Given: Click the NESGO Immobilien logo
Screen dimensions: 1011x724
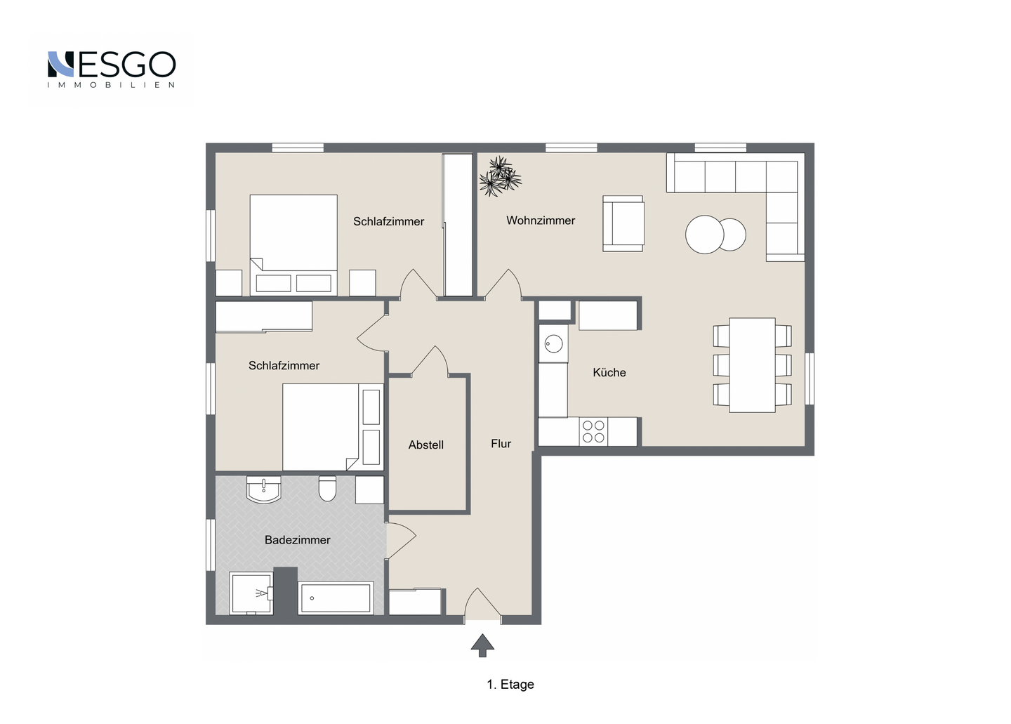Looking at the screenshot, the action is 112,70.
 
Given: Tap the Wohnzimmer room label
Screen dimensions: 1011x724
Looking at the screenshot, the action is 541,221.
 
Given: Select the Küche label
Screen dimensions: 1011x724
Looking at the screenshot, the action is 609,372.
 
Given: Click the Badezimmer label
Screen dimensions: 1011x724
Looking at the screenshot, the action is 298,540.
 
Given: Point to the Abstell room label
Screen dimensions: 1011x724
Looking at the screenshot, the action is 425,445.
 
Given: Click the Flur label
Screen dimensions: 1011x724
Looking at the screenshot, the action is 501,443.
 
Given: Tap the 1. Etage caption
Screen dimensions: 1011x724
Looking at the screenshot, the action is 510,684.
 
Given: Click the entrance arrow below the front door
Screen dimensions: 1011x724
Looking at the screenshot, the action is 482,645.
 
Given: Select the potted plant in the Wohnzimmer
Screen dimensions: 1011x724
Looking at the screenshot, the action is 500,176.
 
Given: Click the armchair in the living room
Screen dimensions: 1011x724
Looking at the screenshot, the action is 623,223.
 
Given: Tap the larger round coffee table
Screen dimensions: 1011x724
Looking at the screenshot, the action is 705,235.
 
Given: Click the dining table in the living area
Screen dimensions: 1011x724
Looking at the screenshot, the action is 752,364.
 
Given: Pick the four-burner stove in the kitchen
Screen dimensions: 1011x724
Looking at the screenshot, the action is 593,431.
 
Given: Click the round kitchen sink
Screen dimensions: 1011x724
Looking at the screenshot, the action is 553,344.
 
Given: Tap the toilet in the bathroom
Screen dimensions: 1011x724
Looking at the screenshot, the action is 327,488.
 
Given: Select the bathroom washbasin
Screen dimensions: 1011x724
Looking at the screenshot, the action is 263,489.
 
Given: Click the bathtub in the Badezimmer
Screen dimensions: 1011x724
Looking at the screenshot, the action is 336,598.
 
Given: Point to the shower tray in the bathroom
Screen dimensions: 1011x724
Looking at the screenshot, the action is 251,593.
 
